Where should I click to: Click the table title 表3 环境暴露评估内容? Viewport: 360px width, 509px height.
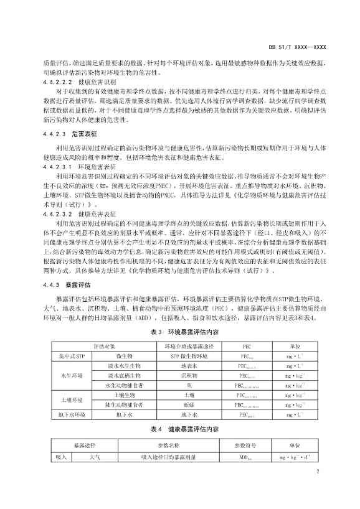coord(180,333)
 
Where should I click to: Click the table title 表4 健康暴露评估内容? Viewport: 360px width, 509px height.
coord(180,429)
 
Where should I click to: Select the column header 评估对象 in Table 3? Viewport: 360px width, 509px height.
coord(105,346)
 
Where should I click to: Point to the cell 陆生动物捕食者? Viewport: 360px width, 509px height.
coord(123,404)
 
